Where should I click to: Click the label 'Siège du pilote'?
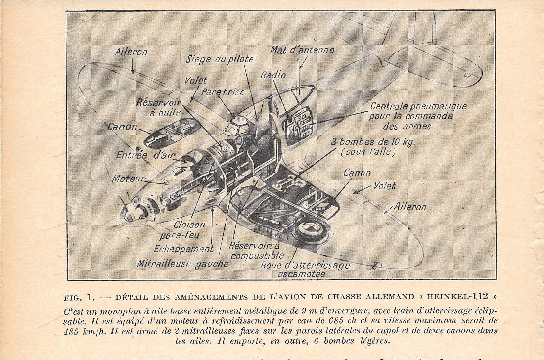pos(220,59)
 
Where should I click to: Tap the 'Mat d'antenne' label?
pos(302,50)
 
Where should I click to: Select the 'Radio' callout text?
pos(273,75)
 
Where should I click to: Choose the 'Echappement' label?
pos(183,249)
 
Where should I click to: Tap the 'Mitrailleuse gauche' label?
pos(182,264)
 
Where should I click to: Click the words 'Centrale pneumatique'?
pos(418,106)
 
